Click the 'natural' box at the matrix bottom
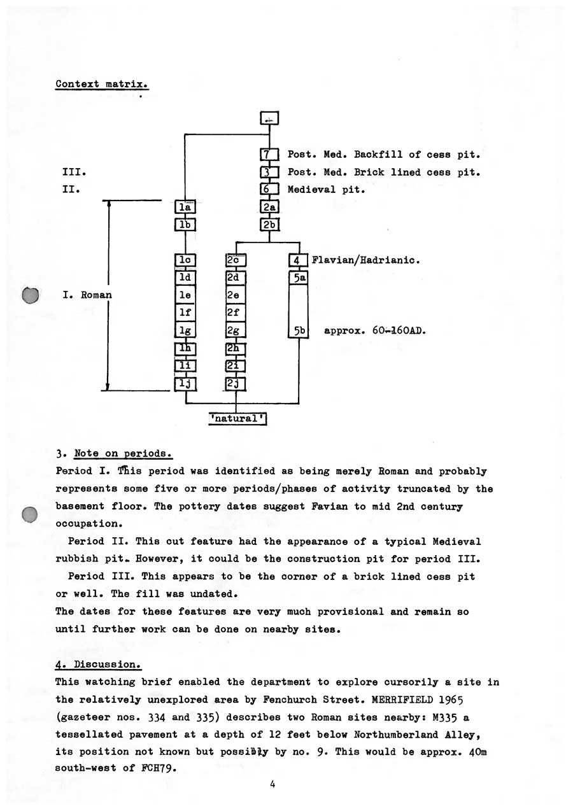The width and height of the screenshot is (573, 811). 237,418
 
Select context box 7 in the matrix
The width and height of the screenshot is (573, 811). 269,155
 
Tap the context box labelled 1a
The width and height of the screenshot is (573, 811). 185,207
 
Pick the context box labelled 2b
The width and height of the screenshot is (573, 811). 269,225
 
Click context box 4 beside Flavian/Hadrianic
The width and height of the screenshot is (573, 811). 298,260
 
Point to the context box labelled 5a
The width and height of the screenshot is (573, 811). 298,278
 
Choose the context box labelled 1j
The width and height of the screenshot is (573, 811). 185,383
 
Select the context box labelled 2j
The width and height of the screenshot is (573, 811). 236,383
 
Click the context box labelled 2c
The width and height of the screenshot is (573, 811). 236,260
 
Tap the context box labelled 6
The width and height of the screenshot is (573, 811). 269,190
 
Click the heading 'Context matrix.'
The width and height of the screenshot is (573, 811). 102,84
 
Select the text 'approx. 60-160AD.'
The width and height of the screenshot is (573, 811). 374,331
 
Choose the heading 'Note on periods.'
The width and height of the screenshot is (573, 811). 124,454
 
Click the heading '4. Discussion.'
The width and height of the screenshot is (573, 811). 98,665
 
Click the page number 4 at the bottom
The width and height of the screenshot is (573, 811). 272,784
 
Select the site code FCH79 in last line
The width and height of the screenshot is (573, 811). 156,768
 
